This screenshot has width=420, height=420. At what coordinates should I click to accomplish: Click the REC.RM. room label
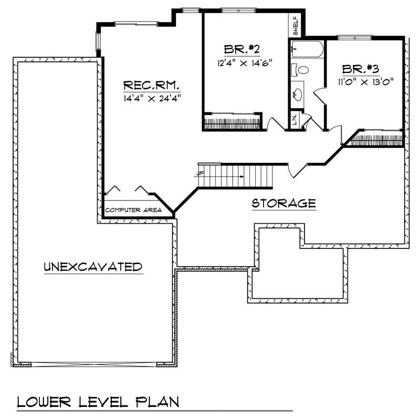tap(152, 85)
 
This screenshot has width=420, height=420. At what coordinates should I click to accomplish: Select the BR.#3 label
tap(361, 69)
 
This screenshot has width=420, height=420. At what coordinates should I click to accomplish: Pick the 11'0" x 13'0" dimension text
tap(366, 81)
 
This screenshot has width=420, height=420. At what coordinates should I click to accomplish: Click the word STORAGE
tap(283, 203)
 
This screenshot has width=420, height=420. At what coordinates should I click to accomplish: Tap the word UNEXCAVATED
tap(93, 267)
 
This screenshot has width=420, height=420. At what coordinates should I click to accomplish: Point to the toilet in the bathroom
tap(301, 69)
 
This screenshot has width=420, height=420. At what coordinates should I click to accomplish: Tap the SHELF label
tap(296, 26)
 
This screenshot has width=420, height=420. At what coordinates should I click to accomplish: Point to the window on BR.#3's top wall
tap(355, 37)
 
